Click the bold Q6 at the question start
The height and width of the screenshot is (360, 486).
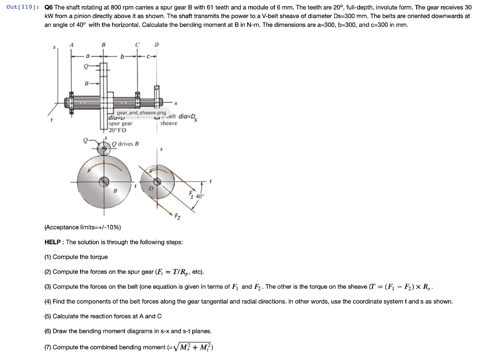click(48, 8)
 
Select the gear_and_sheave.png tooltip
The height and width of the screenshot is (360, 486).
click(142, 113)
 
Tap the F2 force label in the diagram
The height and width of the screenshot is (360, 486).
click(177, 217)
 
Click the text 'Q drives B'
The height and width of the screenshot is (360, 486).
click(125, 144)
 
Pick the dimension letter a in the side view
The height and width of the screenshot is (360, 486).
click(87, 56)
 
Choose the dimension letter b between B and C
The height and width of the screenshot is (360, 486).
click(122, 56)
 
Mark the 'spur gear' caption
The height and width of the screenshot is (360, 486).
click(121, 123)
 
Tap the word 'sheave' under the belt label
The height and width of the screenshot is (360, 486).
click(168, 123)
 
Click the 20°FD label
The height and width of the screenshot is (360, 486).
click(118, 130)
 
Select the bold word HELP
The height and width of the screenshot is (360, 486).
click(53, 242)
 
